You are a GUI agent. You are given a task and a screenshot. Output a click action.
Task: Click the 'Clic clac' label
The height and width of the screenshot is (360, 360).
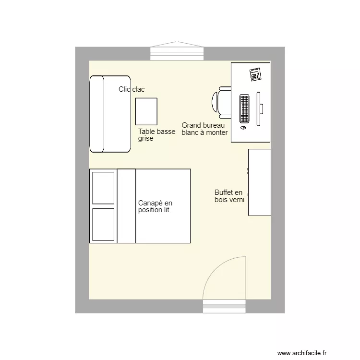(x=132, y=89)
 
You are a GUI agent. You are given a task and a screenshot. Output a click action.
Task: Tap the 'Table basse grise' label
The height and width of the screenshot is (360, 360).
(x=156, y=135)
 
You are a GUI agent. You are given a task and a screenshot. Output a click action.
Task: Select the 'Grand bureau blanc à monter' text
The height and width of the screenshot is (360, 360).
(x=204, y=129)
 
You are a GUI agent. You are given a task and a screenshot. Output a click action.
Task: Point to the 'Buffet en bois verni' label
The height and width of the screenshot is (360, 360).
(x=229, y=196)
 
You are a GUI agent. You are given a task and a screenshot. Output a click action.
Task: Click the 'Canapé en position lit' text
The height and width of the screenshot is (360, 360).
(x=155, y=206)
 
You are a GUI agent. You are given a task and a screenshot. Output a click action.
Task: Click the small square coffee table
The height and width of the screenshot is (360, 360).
(x=146, y=111)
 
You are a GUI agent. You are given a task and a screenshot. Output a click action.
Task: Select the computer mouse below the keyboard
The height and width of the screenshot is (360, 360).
(x=243, y=128)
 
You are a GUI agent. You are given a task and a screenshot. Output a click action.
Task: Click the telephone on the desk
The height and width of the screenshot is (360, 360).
(x=255, y=74)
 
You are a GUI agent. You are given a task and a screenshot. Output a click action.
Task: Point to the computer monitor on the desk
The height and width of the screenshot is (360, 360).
(x=259, y=108)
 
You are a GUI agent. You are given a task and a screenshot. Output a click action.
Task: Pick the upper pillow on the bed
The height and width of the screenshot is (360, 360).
(x=103, y=188)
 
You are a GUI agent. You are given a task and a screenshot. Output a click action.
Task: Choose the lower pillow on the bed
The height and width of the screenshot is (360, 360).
(x=103, y=224)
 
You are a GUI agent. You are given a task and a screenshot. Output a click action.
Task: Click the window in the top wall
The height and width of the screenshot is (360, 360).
(x=177, y=52)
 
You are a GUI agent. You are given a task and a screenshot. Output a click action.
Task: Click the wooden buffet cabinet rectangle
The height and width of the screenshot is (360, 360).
(x=260, y=182)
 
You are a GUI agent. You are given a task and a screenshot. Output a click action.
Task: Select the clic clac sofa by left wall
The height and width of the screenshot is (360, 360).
(x=110, y=114)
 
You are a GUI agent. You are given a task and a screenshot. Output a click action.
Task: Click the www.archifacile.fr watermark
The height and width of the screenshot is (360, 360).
(x=302, y=353)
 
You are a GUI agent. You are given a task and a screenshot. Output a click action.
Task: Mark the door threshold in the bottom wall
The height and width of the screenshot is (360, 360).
(x=224, y=306)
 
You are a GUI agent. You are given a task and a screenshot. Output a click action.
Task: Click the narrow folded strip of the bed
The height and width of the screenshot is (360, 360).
(x=127, y=206)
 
